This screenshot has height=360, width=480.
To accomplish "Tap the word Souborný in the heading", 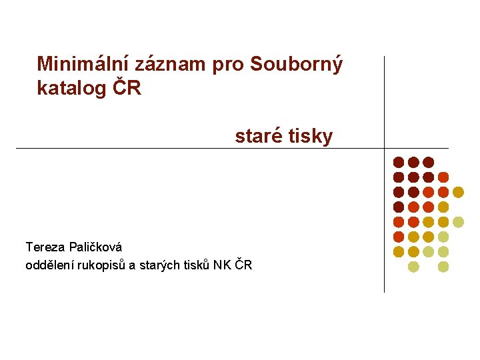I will (297, 65).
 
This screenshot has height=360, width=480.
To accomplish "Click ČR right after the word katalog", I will (127, 88).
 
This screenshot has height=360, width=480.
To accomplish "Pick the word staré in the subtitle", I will (257, 137).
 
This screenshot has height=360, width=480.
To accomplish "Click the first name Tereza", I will (45, 247).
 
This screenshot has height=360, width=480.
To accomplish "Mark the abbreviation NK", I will (221, 265).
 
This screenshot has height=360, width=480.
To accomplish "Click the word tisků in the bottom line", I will (195, 265).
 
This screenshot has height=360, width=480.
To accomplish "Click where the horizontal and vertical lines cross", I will (385, 148).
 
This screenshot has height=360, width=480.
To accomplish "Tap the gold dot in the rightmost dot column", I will (458, 192).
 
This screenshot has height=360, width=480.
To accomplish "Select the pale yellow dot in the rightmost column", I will (458, 222).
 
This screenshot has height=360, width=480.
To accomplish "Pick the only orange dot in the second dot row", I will (443, 177).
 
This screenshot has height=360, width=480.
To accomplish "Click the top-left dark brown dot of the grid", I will (399, 162).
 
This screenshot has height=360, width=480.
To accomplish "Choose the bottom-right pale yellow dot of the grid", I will (443, 267).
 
